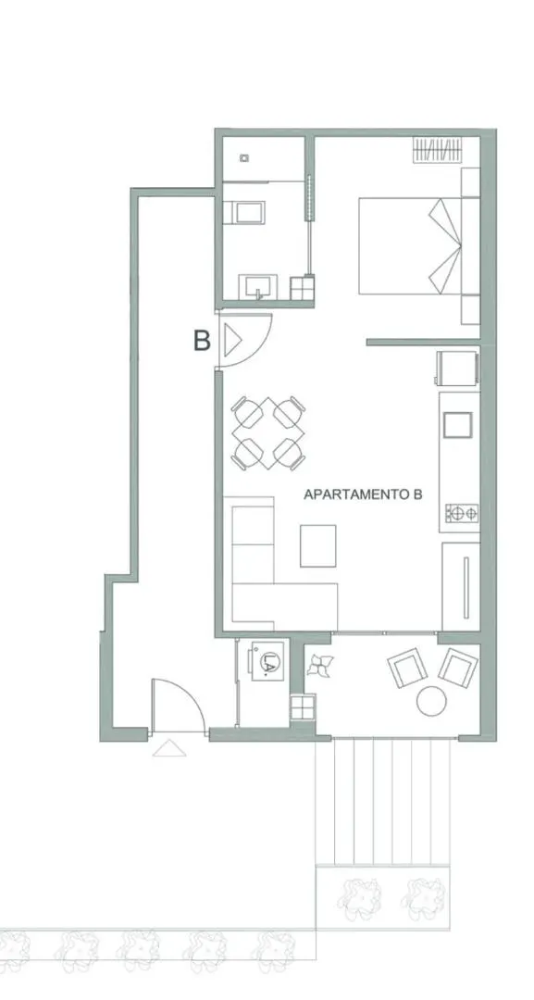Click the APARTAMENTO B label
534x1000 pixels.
363,494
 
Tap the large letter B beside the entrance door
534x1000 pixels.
202,341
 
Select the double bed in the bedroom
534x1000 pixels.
410,246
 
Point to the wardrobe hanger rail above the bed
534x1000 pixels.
437,150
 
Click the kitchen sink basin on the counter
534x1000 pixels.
457,425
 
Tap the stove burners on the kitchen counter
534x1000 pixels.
462,513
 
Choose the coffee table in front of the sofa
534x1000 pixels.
318,545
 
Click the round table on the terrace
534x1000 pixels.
431,701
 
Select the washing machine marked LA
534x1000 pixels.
267,661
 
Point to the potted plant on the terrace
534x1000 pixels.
319,666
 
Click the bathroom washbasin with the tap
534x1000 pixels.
258,287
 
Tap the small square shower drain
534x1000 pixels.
244,157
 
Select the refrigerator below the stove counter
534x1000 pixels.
461,587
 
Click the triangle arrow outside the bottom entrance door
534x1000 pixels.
169,748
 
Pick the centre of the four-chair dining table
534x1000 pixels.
267,433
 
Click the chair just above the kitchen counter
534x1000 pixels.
457,368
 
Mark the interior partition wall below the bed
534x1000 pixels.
424,343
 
